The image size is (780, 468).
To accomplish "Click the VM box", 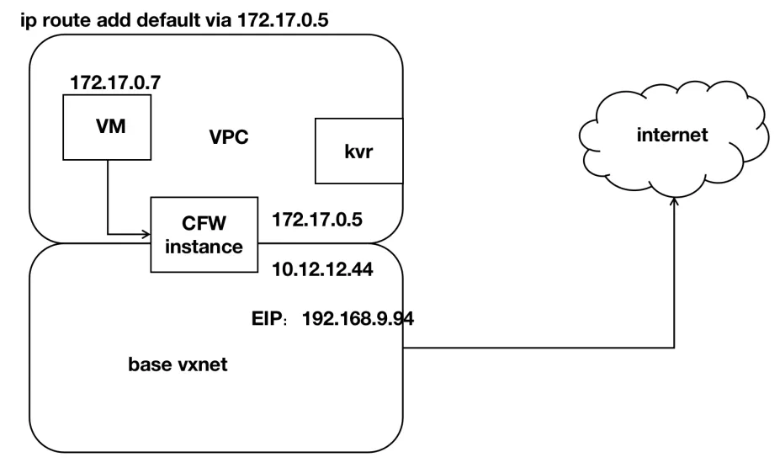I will pyautogui.click(x=107, y=126).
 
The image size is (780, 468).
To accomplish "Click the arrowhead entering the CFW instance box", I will pyautogui.click(x=146, y=232).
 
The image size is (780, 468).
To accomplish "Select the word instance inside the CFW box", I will pyautogui.click(x=204, y=247).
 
